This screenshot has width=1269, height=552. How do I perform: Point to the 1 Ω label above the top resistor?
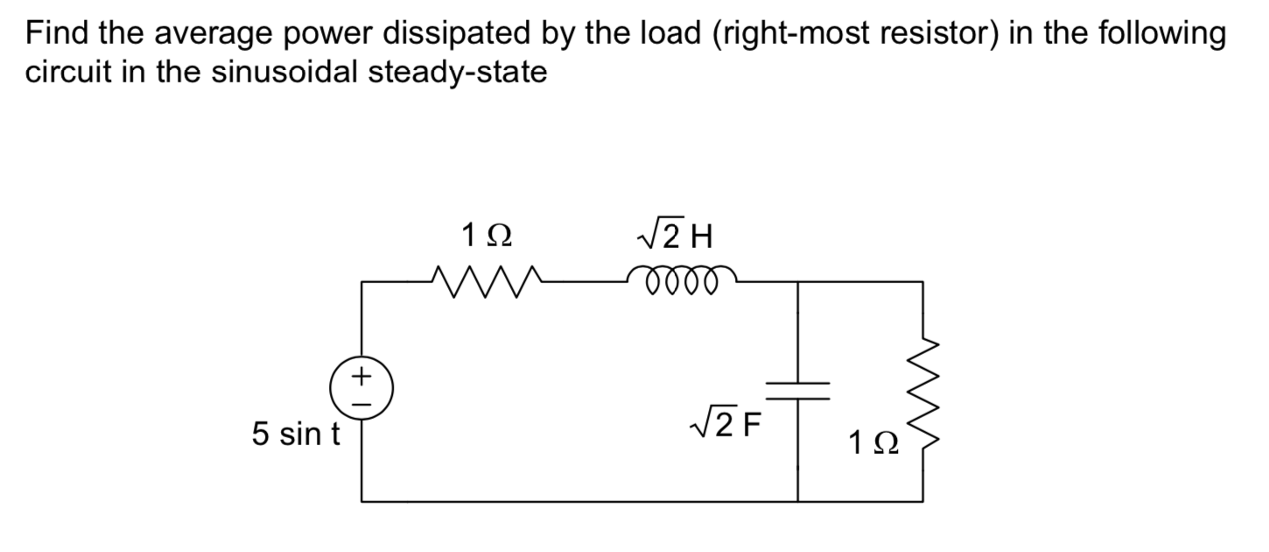(487, 235)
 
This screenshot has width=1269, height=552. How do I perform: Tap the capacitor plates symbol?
(797, 390)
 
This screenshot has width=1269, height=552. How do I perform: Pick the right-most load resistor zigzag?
(922, 391)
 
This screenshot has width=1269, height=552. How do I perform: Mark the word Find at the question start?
(56, 33)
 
